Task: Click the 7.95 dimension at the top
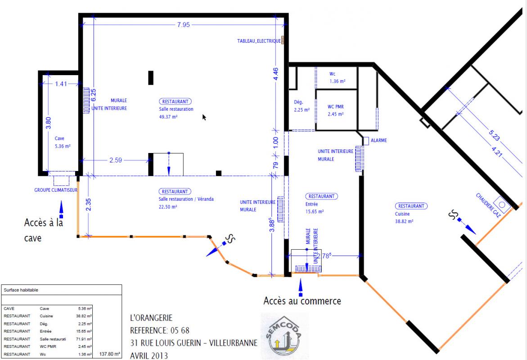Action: point(184,25)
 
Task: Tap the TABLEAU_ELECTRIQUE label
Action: point(259,41)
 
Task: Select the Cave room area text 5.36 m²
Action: point(63,146)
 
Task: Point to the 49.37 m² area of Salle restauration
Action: point(168,117)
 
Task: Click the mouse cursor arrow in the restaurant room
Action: point(204,117)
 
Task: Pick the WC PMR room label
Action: point(336,107)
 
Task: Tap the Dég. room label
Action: point(298,102)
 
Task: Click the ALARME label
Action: point(379,140)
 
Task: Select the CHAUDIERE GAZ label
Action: point(488,205)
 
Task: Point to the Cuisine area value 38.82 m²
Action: point(404,221)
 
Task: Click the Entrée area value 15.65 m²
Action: point(315,211)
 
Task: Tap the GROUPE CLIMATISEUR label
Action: point(56,190)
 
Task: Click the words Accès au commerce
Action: point(302,301)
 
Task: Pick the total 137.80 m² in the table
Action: point(109,354)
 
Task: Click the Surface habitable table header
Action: point(21,290)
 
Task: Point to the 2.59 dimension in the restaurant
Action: point(116,160)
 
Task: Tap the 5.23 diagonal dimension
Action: point(494,135)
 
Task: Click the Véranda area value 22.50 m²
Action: point(168,207)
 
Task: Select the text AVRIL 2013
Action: point(149,355)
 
